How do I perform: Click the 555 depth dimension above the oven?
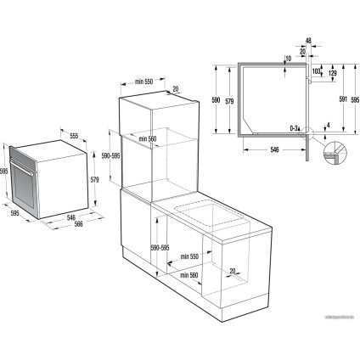(73, 136)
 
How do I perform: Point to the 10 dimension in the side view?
(290, 59)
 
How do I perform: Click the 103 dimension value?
(315, 72)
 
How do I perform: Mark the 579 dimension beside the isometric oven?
(96, 180)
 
